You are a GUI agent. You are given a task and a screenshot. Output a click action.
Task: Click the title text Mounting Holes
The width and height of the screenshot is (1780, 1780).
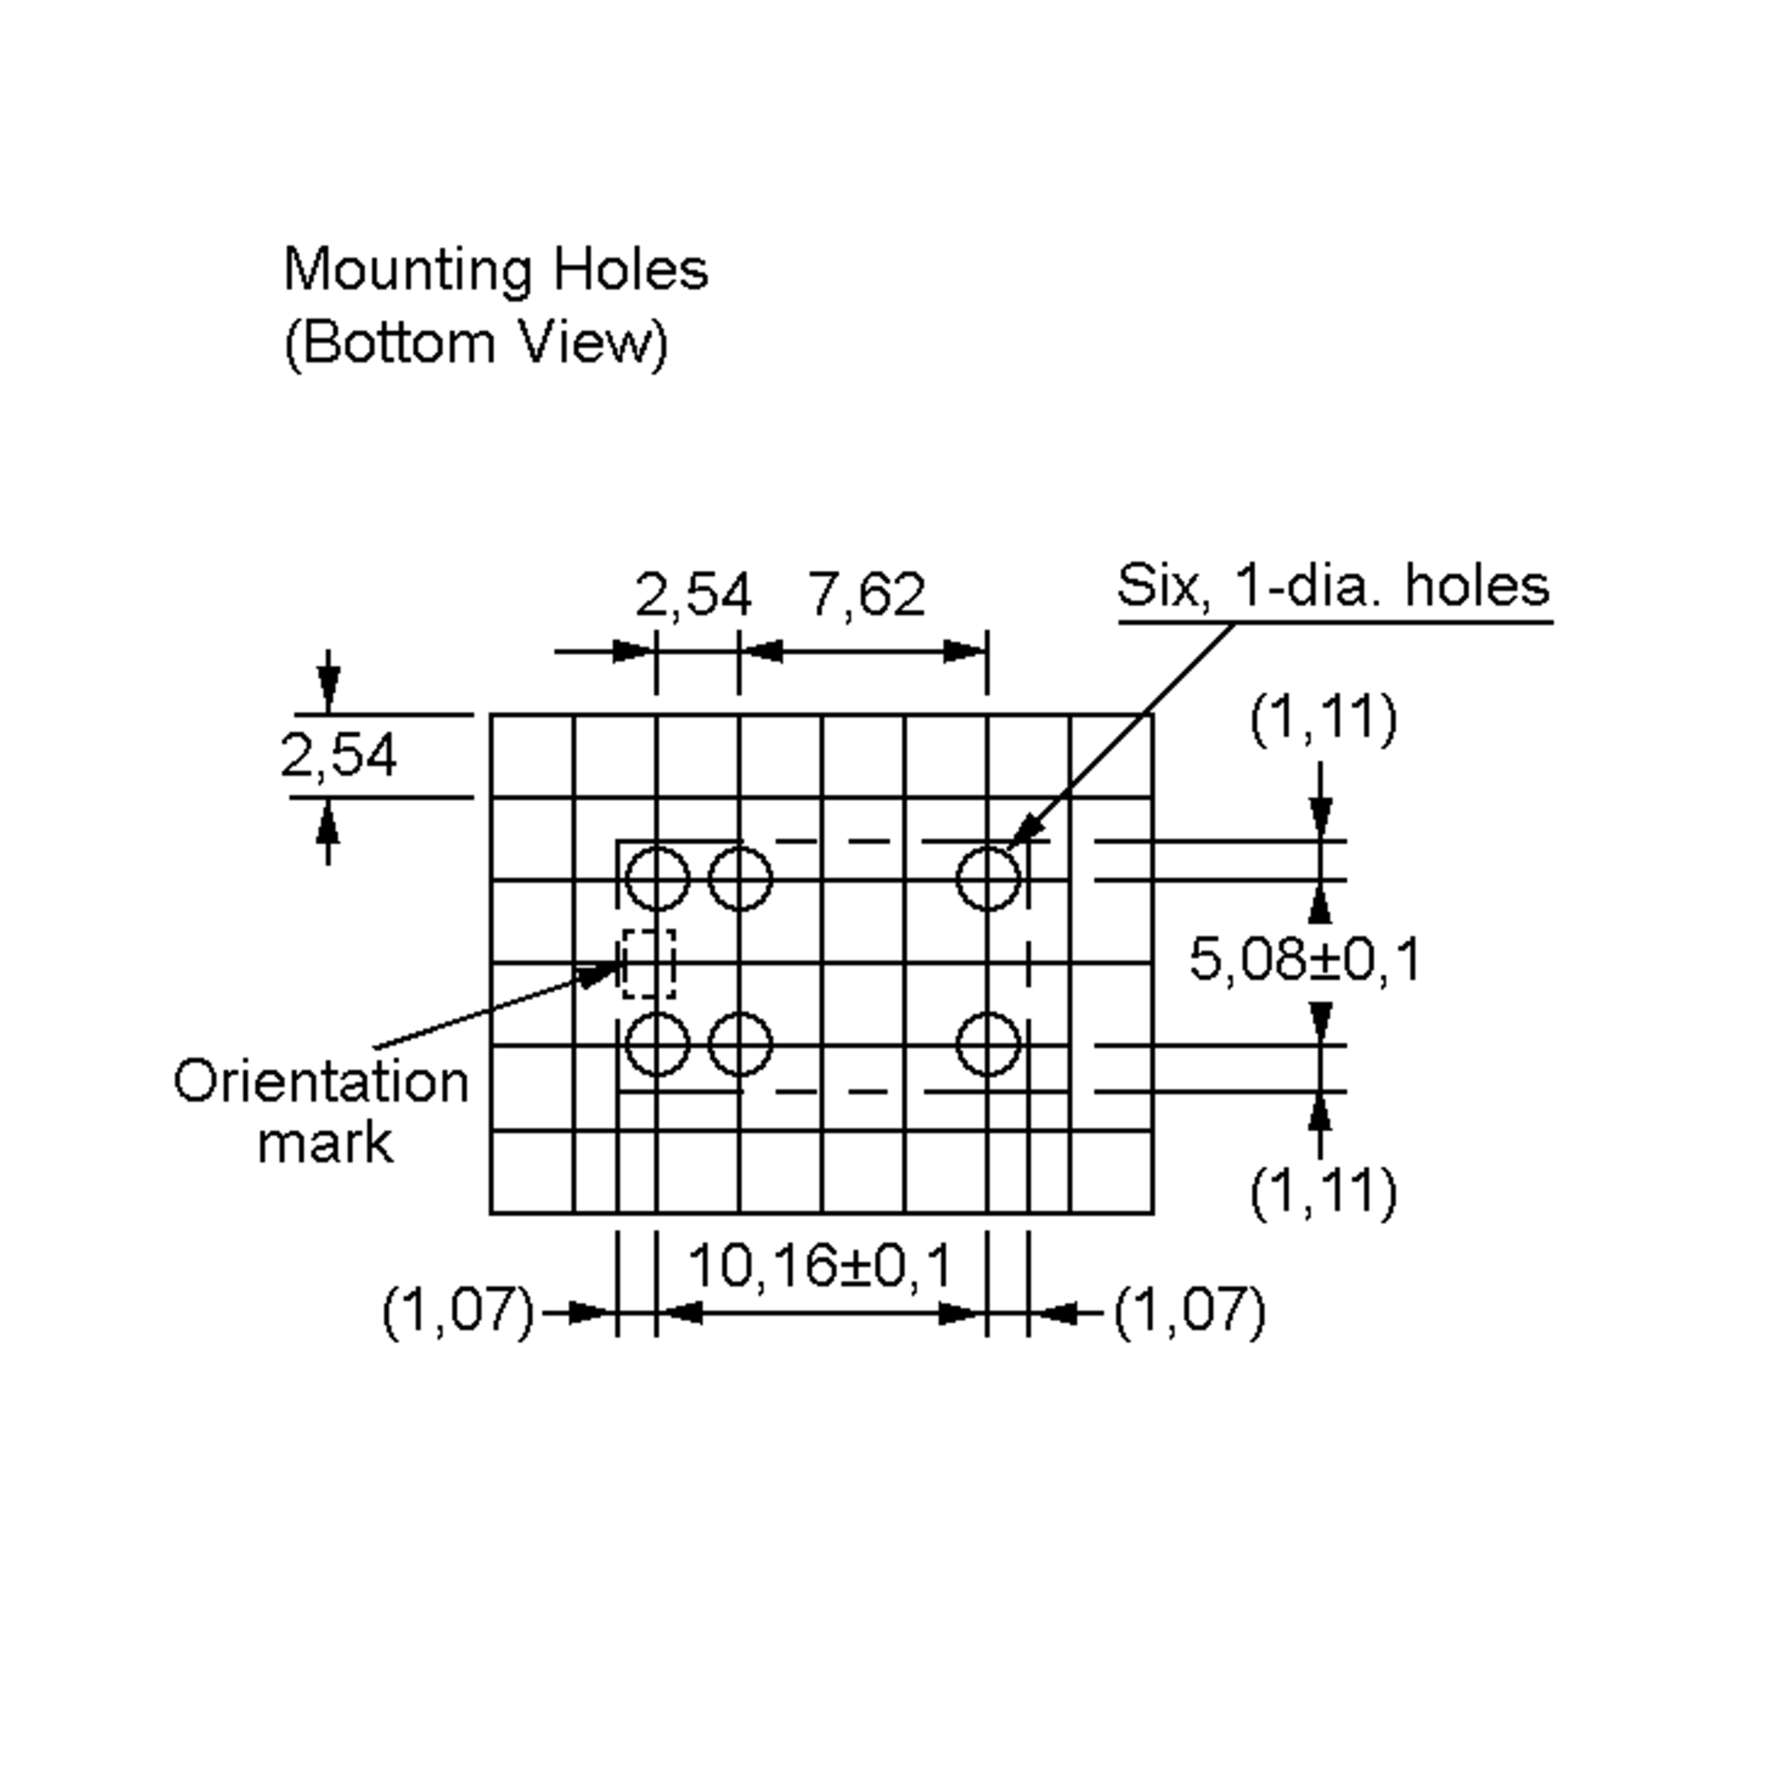pos(495,270)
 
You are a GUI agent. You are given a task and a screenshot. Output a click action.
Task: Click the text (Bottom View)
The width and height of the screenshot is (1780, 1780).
pos(475,343)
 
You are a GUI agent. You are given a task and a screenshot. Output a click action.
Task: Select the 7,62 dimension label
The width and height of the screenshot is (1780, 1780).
pos(866,594)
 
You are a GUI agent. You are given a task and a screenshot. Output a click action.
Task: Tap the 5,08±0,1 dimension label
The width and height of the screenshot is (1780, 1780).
pos(1305,958)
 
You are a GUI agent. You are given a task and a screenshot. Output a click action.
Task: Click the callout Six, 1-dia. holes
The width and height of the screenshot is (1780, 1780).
pos(1334,586)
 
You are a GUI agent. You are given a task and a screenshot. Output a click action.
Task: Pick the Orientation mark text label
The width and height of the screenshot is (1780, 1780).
pos(322,1112)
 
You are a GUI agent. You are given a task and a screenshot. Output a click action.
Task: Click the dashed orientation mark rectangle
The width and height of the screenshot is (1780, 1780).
pos(624,963)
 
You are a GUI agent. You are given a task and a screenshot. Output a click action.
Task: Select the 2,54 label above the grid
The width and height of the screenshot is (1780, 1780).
pos(693,594)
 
